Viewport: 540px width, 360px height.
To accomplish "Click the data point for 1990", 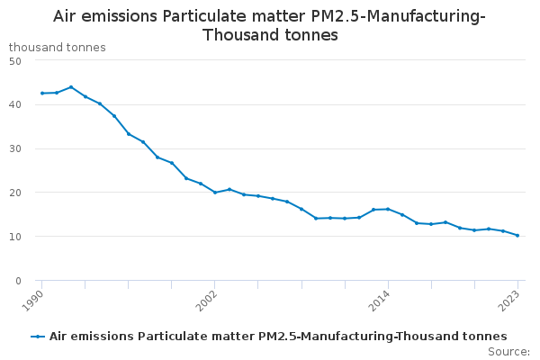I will click(41, 93).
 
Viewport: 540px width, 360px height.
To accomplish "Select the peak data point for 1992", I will click(71, 87).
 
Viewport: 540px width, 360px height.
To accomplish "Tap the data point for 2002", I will click(215, 193).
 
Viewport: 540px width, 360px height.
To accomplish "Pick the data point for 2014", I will click(388, 209).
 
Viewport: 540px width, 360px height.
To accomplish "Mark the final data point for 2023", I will click(517, 236).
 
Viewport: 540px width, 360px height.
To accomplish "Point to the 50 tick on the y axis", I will click(15, 60).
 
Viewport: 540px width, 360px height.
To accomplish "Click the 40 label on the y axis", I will click(15, 104).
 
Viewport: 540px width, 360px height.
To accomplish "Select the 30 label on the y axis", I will click(15, 148).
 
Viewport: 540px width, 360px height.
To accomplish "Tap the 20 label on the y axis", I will click(15, 193).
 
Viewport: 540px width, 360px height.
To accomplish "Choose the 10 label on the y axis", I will click(15, 237).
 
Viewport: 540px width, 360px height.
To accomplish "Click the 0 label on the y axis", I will click(18, 281).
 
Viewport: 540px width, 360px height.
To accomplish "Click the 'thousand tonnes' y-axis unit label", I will click(57, 47).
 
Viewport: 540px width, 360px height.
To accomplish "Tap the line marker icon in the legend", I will click(38, 337).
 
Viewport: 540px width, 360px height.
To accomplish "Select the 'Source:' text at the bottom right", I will click(508, 351).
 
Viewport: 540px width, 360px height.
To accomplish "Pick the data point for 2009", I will click(316, 218).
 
